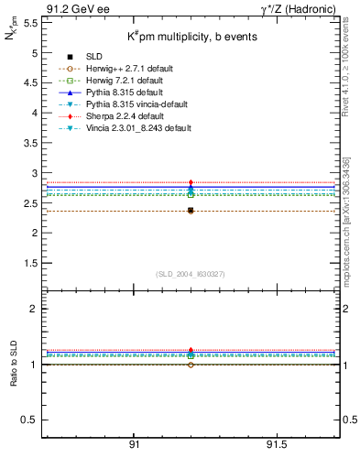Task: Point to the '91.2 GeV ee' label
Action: point(73,9)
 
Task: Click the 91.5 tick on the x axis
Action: point(276,443)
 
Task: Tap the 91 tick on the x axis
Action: point(134,443)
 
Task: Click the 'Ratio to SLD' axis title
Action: point(15,364)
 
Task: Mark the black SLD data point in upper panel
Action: point(191,211)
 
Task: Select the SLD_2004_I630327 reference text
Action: point(191,274)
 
